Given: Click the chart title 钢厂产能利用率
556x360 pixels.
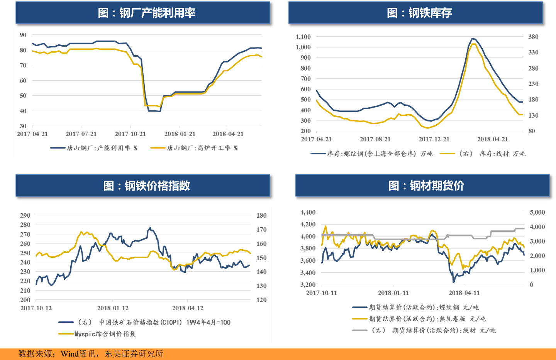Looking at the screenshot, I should coord(147,13).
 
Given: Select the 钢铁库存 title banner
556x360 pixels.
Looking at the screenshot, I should coord(419,13).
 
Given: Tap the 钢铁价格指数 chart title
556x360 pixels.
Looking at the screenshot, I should coord(147,186).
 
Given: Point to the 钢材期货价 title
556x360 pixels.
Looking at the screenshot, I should coord(426,186).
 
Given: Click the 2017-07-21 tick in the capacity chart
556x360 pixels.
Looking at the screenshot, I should coord(81,134).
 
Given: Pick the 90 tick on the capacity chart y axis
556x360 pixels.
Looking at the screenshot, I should coord(23,35).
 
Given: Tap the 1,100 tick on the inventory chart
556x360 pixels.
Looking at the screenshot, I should coord(303,37).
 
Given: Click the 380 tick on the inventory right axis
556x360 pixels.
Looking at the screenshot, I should coord(533,37).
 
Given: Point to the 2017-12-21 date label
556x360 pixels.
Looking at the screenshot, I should coord(434,139).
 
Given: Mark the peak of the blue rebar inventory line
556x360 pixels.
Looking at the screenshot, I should coord(472,39).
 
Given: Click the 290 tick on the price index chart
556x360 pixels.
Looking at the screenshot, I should coord(25,215).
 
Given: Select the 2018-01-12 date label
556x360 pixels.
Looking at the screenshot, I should coord(113,308).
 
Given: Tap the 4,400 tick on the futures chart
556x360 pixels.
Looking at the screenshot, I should coord(308,212).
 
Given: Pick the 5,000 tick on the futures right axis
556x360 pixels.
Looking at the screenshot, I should coord(537,212).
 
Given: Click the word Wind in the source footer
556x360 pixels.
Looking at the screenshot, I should coord(69,354).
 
